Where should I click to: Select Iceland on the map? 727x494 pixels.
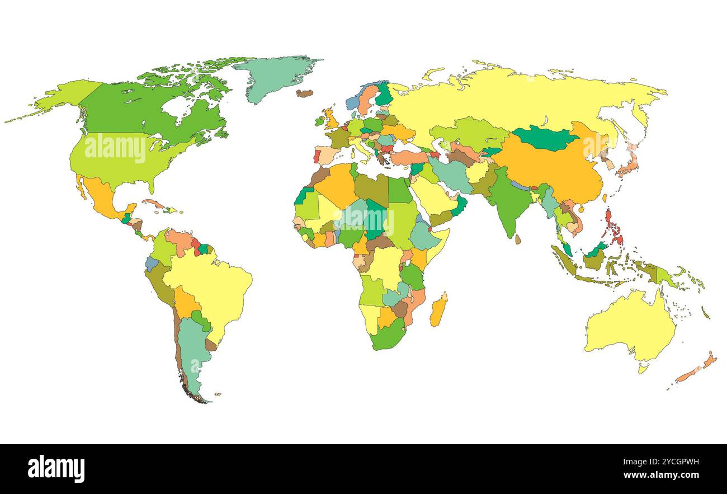pos(305,93)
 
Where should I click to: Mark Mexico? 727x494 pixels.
pos(101,196)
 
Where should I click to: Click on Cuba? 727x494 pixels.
pos(154,204)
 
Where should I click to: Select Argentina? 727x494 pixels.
pos(193,352)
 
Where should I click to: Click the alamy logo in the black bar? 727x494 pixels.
pos(56,469)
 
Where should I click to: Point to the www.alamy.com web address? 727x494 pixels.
pos(662,476)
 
